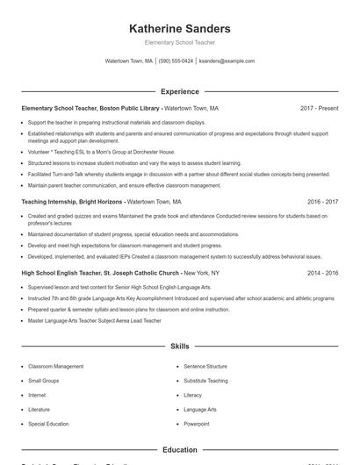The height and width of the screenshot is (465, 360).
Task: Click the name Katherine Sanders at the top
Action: (x=179, y=28)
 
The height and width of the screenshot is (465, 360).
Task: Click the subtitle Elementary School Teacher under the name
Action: (x=179, y=42)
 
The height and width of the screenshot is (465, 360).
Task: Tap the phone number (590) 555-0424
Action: (x=176, y=61)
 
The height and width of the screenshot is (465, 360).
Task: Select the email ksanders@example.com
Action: (x=227, y=61)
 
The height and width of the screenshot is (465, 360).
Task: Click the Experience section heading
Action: (x=179, y=91)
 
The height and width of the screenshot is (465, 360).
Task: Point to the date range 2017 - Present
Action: (x=319, y=108)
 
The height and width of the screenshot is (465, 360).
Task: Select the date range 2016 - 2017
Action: (x=322, y=201)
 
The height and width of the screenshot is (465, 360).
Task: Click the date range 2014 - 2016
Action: (x=322, y=273)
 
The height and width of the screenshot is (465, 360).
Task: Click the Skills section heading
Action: (x=179, y=347)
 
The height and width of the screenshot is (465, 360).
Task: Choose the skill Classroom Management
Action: (x=55, y=366)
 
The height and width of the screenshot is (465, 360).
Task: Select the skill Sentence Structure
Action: (x=205, y=366)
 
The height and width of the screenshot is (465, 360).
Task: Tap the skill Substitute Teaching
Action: (x=205, y=381)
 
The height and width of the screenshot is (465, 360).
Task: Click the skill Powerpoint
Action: (x=197, y=424)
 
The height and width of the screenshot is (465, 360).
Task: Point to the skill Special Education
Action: (x=47, y=424)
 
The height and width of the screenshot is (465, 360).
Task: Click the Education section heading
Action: (x=179, y=450)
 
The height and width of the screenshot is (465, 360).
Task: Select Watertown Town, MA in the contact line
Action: (x=129, y=61)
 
